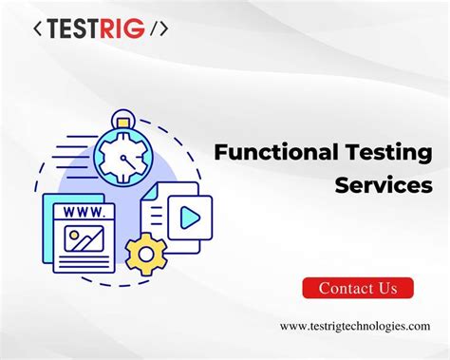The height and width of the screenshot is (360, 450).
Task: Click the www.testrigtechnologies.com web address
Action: click(x=355, y=326)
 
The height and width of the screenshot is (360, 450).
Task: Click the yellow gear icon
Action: click(x=147, y=252)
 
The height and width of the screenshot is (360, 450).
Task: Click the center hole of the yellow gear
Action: click(x=147, y=252)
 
